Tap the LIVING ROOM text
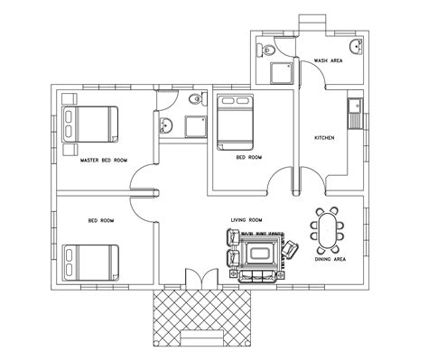tap(246, 219)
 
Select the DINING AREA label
tap(330, 259)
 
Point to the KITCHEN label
tap(324, 137)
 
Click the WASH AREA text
tap(326, 60)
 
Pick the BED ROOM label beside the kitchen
tap(248, 156)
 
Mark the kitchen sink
tap(355, 113)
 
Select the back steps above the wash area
tap(310, 20)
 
